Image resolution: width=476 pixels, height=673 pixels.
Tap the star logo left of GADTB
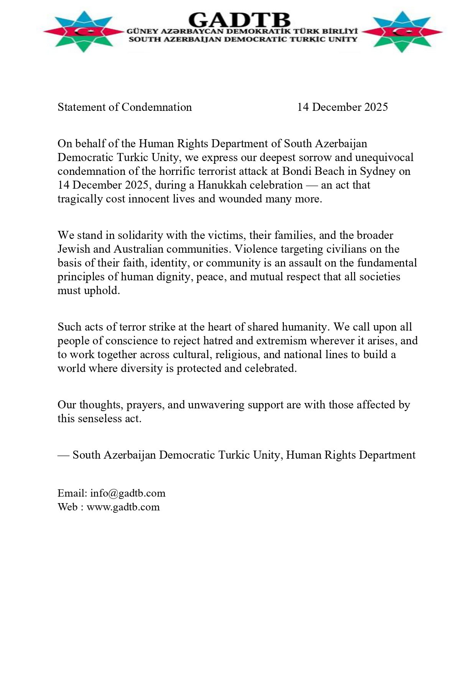point(84,32)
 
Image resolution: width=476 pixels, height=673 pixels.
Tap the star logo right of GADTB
point(402,32)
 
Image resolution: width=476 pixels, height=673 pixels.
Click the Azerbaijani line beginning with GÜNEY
point(242,31)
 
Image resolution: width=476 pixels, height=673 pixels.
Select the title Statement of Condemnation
point(125,107)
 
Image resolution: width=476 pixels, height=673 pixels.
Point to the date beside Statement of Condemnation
point(342,107)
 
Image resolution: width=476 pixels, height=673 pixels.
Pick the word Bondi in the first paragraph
point(296,171)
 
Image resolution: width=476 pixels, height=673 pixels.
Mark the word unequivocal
point(384,158)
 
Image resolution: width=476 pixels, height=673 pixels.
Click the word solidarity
point(140,235)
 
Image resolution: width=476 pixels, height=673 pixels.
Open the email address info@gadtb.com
point(128,493)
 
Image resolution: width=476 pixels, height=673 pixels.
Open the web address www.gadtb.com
point(123,507)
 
